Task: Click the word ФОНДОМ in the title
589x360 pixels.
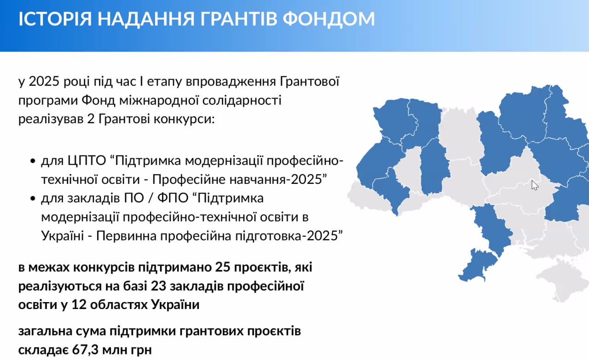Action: [329, 19]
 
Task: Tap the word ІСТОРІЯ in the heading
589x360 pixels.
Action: [55, 19]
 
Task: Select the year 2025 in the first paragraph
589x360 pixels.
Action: [44, 81]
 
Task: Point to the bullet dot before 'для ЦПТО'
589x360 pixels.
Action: [33, 161]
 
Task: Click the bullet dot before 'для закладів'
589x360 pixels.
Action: [33, 198]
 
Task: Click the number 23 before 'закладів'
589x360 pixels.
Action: [159, 286]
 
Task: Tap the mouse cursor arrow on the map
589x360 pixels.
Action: [535, 185]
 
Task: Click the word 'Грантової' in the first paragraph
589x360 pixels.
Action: [309, 81]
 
